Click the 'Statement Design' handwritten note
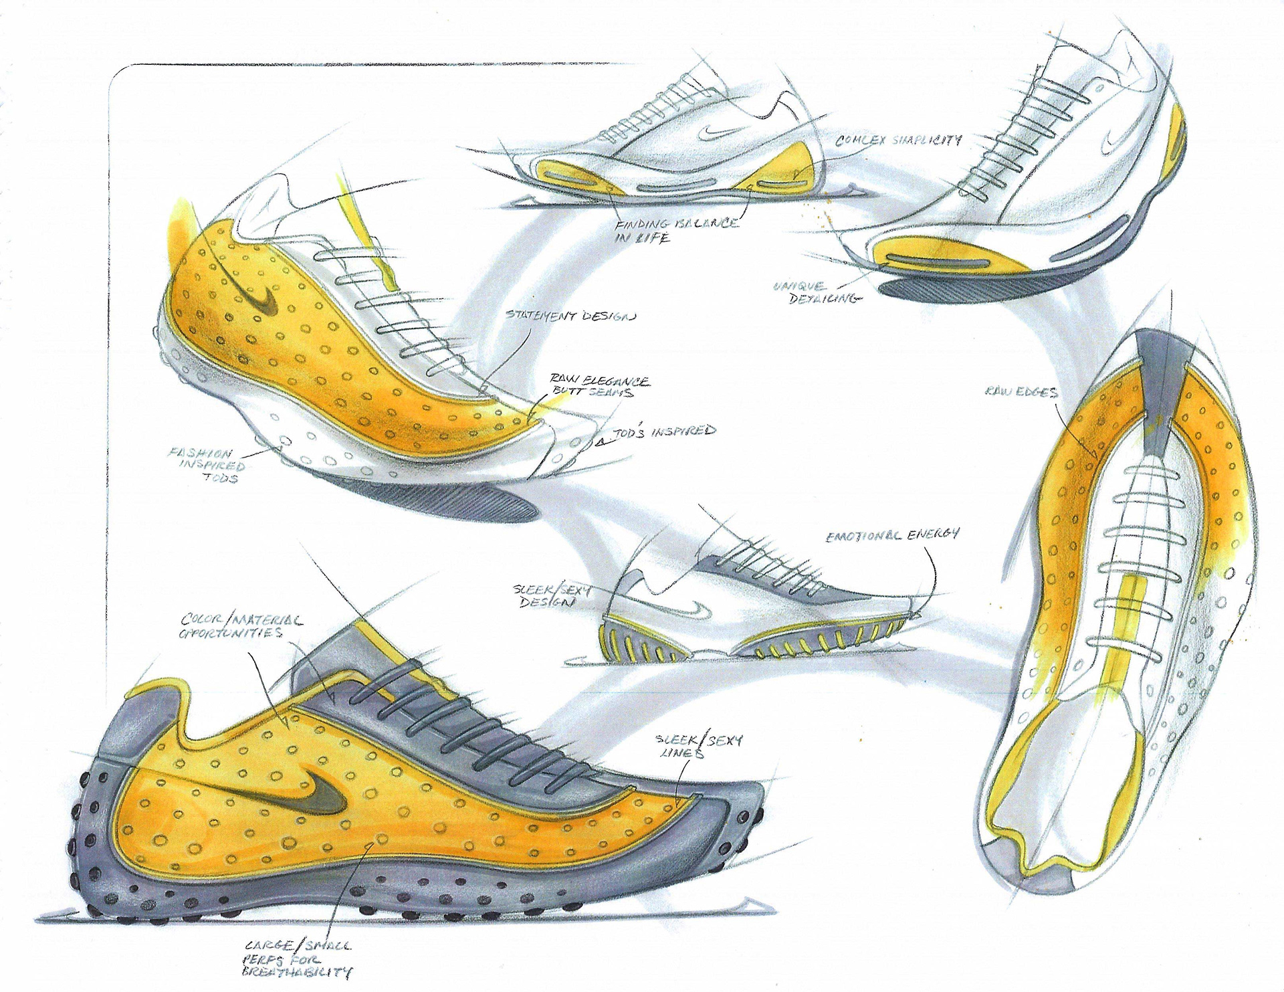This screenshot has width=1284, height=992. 570,316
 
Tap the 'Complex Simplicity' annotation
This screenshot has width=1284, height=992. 898,140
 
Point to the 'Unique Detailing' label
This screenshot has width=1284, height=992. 815,292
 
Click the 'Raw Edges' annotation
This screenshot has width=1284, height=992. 1021,391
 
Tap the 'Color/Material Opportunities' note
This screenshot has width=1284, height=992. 240,625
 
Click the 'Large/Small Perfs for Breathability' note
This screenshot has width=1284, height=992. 298,958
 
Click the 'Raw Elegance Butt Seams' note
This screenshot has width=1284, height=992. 599,387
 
